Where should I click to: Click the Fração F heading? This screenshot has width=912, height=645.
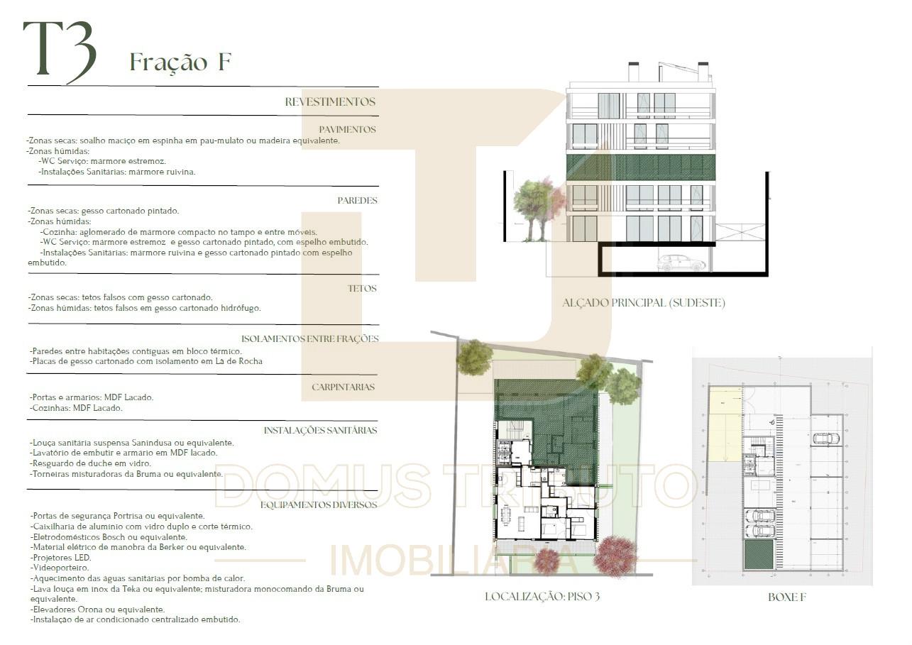click(x=181, y=62)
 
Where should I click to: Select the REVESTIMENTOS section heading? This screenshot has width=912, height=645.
click(x=330, y=101)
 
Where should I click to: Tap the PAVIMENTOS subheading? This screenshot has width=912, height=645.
click(x=347, y=129)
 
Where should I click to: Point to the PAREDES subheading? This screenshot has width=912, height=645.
click(x=357, y=200)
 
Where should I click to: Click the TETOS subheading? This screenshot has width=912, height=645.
click(x=362, y=289)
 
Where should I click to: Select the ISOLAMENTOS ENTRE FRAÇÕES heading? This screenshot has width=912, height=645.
click(x=310, y=338)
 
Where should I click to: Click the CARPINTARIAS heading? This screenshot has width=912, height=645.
click(x=344, y=387)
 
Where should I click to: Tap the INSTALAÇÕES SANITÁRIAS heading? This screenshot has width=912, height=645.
click(x=320, y=430)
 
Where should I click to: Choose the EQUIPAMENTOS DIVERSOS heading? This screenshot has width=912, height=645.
click(x=319, y=505)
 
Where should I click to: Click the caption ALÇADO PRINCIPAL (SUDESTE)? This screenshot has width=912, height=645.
click(x=644, y=303)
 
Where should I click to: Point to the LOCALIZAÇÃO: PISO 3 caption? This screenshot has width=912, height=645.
click(x=542, y=597)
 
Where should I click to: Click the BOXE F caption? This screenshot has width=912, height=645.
click(x=787, y=597)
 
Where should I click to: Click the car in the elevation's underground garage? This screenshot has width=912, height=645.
click(x=681, y=263)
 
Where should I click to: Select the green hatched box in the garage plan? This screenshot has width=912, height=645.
click(x=759, y=554)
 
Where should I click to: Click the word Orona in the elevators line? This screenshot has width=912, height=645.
click(x=89, y=610)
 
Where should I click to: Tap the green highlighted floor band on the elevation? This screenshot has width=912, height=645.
click(x=641, y=167)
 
